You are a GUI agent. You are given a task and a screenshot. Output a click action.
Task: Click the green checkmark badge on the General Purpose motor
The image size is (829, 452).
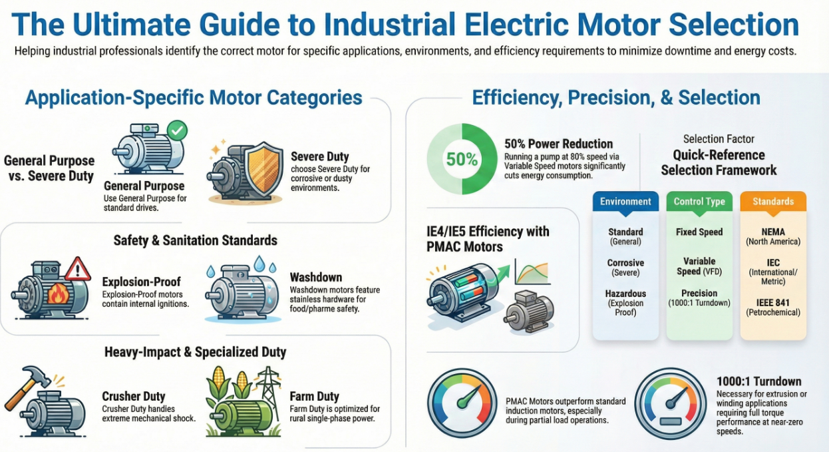(x=177, y=130)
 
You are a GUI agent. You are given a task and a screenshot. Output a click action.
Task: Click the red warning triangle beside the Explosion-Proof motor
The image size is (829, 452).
(x=78, y=269)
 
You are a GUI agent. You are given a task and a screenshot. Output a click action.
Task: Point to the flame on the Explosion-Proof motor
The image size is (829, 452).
(x=59, y=294)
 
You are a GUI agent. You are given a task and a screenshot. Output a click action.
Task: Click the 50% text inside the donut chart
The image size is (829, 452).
(x=462, y=159)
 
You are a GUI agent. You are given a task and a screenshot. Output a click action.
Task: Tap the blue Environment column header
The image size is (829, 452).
(x=625, y=202)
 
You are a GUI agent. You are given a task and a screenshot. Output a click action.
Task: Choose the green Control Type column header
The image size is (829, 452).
(x=699, y=202)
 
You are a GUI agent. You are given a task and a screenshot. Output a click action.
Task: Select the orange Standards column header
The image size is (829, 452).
(x=773, y=202)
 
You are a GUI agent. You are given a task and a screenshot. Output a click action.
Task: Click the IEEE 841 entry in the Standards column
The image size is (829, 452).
(x=773, y=308)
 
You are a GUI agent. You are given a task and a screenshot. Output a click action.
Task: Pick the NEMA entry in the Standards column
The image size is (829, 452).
(x=773, y=236)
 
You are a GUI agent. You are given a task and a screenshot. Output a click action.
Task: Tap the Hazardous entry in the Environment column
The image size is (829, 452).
(x=625, y=303)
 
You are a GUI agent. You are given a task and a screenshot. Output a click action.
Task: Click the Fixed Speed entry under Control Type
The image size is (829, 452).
(x=699, y=232)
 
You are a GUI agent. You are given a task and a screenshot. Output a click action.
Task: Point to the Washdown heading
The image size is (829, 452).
(x=315, y=278)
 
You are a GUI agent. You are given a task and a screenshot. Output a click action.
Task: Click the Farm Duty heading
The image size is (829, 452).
(x=314, y=397)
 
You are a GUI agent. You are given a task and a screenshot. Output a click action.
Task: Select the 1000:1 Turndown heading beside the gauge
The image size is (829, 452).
(x=758, y=381)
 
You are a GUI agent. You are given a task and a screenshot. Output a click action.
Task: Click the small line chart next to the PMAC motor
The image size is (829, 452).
(x=532, y=272)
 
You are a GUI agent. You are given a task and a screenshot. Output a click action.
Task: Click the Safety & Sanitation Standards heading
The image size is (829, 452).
(x=196, y=240)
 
